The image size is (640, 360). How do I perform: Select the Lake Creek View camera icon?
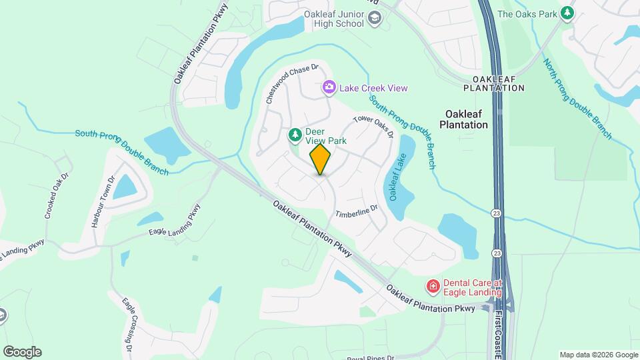[x=329, y=88]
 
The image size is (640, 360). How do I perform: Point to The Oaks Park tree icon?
[x=567, y=13]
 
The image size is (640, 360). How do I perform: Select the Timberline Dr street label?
[x=356, y=211]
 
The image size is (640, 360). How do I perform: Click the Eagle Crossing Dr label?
[x=129, y=325]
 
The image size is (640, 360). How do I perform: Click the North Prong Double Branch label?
[x=577, y=99]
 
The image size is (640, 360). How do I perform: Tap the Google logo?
[x=22, y=352]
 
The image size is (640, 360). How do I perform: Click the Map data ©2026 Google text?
[x=598, y=355]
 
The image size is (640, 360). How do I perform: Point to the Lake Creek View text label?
[x=373, y=88]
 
